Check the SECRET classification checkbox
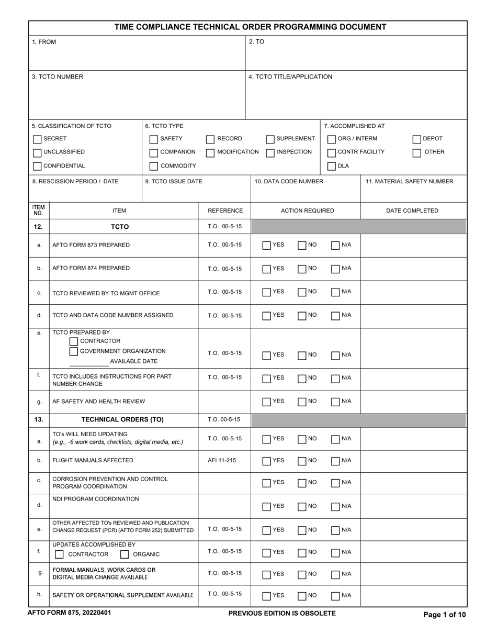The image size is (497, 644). [x=37, y=139]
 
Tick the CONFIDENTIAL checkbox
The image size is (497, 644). [x=37, y=166]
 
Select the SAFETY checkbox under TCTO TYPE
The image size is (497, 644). [x=154, y=139]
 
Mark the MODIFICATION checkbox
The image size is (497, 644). [x=210, y=153]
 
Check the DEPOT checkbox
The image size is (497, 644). [x=417, y=139]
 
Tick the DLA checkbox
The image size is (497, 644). [x=332, y=166]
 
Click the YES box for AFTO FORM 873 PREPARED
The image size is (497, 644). [x=267, y=246]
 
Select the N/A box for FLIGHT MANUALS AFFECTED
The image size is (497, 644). [x=335, y=461]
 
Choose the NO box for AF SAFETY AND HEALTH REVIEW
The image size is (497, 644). [x=302, y=402]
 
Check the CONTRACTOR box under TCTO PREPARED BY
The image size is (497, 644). [x=74, y=341]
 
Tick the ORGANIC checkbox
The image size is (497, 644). [x=125, y=554]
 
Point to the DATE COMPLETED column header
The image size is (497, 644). [x=412, y=211]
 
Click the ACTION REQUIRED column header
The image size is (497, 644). [x=307, y=211]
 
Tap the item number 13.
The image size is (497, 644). [x=39, y=419]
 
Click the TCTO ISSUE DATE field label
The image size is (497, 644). [x=174, y=182]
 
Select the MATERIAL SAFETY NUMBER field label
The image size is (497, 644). [x=410, y=182]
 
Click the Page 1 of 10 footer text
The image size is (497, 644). [x=444, y=615]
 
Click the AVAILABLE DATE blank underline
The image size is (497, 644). [x=89, y=364]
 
